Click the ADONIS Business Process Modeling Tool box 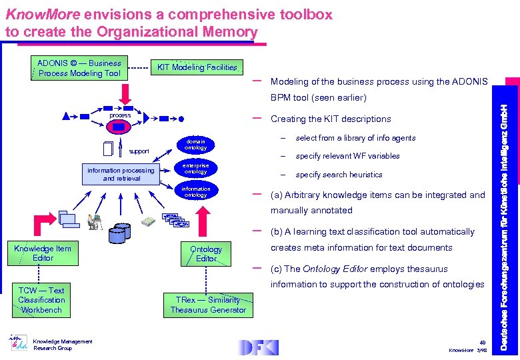[79, 68]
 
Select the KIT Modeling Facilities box [196, 67]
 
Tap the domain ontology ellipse [195, 145]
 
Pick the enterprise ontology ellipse [195, 169]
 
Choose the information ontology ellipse [195, 192]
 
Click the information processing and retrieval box [121, 174]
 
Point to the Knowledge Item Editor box [43, 253]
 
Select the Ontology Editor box [206, 253]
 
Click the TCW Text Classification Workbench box [41, 300]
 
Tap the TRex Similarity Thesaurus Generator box [208, 305]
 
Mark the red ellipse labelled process [121, 115]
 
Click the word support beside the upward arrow [139, 151]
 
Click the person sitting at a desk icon [92, 222]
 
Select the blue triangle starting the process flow [65, 116]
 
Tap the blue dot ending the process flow [182, 119]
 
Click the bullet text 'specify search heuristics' [339, 175]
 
